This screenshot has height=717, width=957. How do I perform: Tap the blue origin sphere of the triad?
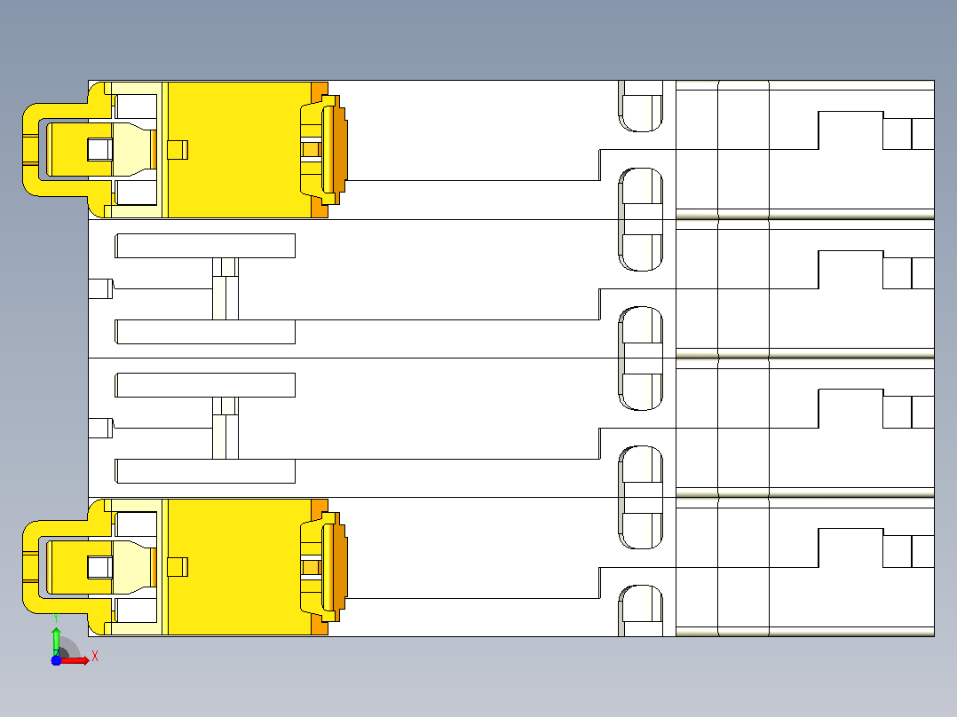click(56, 660)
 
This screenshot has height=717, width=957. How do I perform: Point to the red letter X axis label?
click(95, 657)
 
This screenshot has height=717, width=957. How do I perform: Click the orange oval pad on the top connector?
click(335, 149)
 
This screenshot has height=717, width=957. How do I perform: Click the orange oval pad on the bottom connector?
click(335, 567)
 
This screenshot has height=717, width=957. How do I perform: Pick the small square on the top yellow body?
click(178, 149)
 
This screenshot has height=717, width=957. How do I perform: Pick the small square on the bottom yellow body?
click(178, 567)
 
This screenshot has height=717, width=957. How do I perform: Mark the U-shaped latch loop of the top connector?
click(30, 149)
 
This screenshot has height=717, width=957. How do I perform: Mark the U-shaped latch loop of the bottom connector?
click(30, 567)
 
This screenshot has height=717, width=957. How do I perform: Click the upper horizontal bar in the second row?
click(205, 246)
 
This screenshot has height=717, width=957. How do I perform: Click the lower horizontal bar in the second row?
click(205, 332)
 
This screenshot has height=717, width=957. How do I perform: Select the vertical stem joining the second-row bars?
click(225, 288)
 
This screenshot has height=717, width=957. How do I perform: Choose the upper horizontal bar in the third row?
click(205, 385)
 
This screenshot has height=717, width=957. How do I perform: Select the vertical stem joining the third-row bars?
click(225, 428)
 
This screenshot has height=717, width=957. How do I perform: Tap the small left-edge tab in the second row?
click(100, 288)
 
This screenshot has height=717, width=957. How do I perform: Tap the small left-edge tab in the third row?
click(100, 428)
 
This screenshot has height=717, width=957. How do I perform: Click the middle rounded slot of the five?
click(640, 358)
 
